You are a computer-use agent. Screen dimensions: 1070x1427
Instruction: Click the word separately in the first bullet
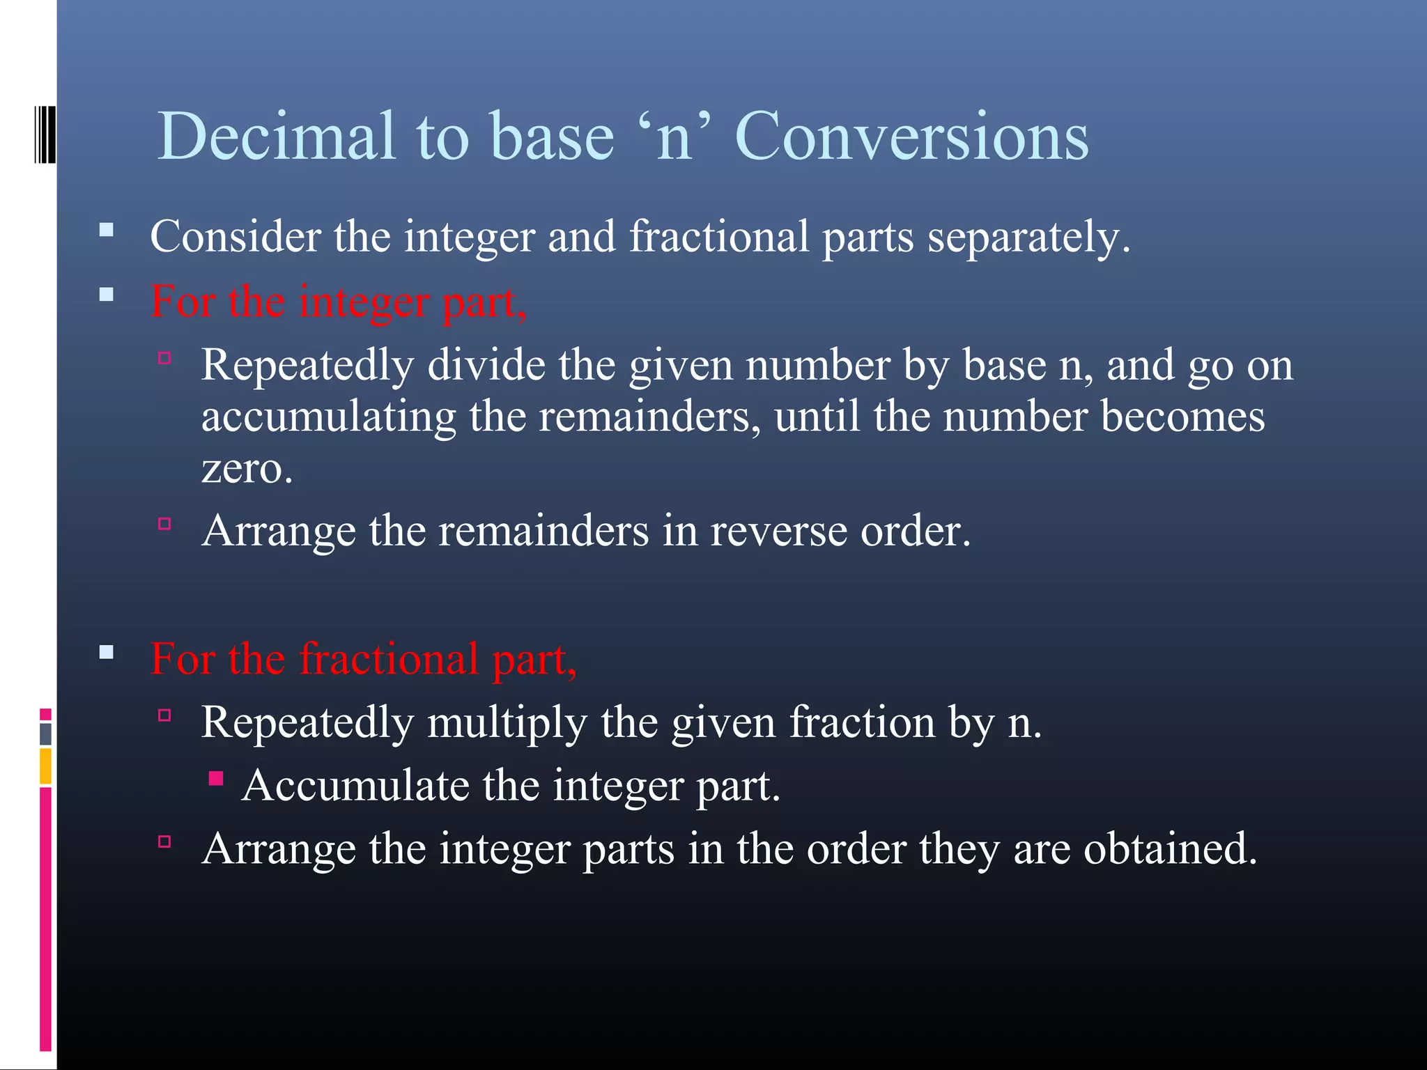point(1028,237)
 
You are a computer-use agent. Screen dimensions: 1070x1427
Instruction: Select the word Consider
point(235,237)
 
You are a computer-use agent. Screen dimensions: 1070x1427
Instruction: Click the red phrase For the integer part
point(339,302)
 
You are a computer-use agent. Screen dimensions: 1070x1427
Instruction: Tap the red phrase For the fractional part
point(363,658)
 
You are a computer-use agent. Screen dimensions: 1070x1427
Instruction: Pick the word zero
point(247,468)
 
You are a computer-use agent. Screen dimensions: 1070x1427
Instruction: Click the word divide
point(486,365)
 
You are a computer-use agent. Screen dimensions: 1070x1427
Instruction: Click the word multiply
point(507,722)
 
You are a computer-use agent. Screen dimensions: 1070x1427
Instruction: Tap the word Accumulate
point(355,786)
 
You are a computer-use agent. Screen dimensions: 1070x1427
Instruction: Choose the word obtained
point(1170,849)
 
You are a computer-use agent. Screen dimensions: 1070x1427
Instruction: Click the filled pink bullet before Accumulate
point(216,778)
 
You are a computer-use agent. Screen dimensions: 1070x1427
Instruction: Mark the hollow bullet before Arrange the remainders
point(165,524)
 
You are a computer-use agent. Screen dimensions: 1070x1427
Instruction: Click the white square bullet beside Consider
point(107,230)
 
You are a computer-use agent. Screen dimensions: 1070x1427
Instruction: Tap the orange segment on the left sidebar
point(45,766)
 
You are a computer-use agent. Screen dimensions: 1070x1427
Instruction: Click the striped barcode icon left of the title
point(45,134)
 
